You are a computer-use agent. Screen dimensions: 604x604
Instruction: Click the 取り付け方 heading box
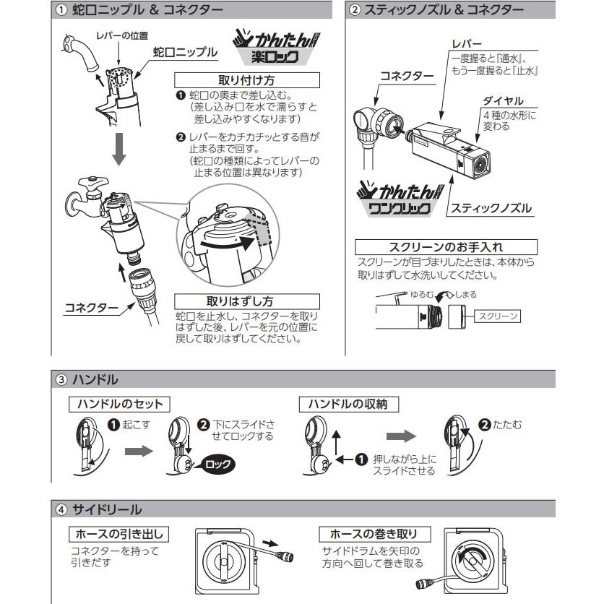click(247, 80)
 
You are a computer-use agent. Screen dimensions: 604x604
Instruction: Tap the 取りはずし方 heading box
click(247, 301)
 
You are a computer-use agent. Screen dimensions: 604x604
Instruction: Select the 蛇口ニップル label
click(185, 52)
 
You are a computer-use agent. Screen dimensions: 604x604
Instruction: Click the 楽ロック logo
click(276, 48)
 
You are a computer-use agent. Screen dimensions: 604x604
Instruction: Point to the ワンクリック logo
click(400, 199)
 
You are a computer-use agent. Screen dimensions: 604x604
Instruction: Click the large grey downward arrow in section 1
click(119, 150)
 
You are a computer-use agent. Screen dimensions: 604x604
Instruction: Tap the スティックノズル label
click(491, 208)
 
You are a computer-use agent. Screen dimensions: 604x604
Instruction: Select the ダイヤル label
click(503, 101)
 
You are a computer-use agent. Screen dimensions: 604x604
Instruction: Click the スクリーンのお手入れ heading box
click(446, 247)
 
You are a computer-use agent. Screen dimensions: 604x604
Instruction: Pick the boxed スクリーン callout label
click(497, 316)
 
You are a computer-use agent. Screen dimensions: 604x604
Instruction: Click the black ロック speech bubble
click(215, 464)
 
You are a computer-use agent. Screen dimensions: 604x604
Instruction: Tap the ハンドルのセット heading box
click(119, 404)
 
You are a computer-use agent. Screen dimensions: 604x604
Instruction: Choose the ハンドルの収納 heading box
click(349, 404)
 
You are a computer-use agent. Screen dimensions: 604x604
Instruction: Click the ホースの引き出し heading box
click(119, 534)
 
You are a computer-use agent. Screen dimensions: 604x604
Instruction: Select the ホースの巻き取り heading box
click(374, 534)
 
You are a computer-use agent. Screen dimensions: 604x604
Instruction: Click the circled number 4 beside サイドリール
click(61, 509)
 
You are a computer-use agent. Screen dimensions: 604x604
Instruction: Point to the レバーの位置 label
click(121, 36)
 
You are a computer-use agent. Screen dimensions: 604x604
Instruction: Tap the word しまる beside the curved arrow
click(466, 295)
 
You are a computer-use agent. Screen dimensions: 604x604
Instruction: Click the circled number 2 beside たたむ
click(484, 425)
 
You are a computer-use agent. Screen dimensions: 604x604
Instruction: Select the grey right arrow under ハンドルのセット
click(139, 450)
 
